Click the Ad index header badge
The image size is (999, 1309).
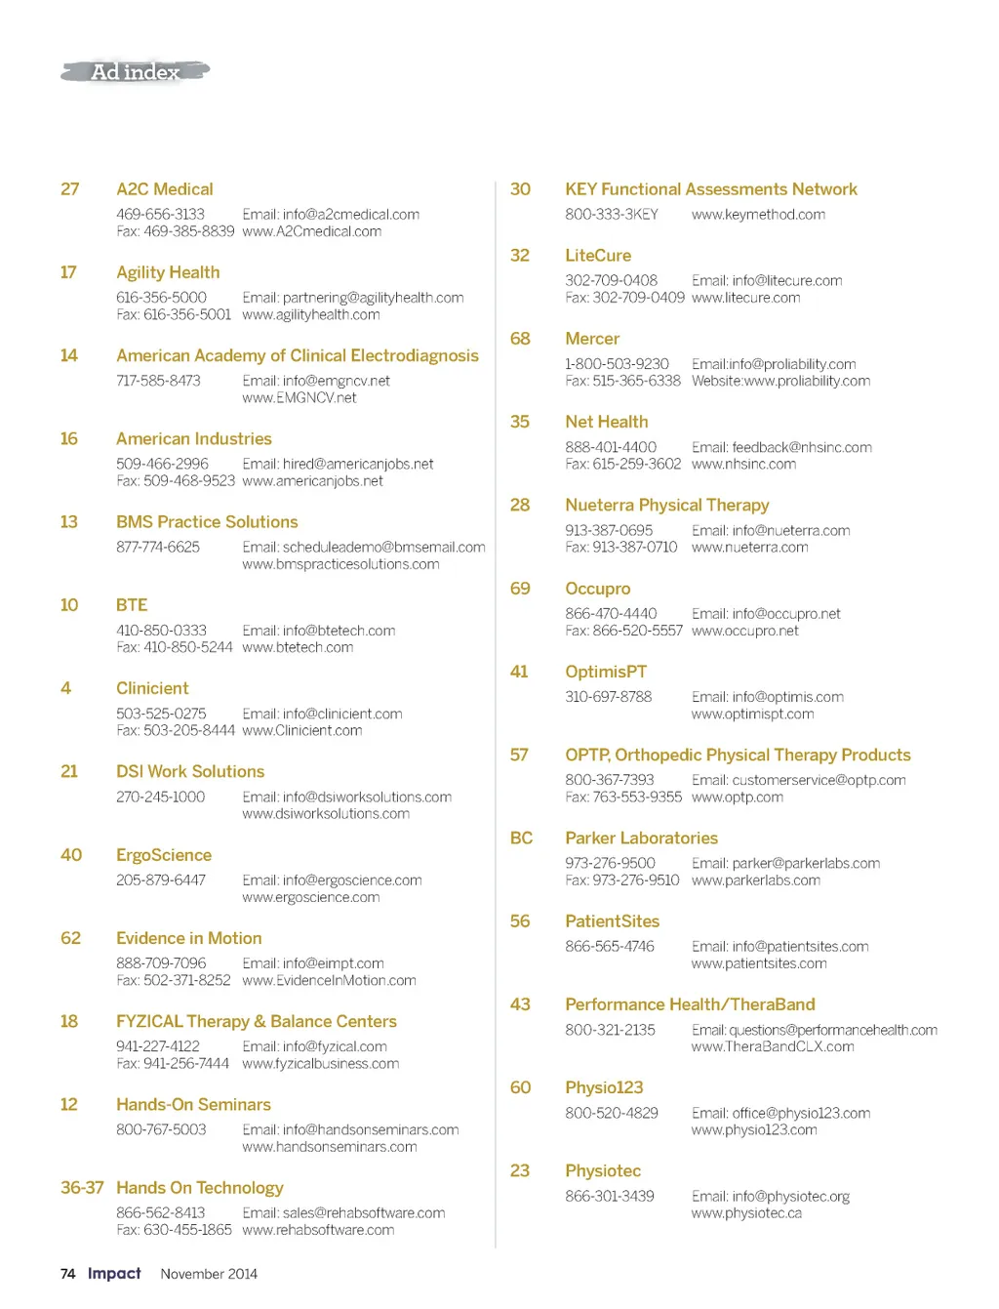(136, 72)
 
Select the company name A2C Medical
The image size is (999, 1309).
(164, 189)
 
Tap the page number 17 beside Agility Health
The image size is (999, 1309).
(68, 272)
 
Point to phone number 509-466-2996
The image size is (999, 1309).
(162, 464)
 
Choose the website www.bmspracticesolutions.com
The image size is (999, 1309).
(340, 564)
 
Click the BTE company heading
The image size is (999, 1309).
(132, 605)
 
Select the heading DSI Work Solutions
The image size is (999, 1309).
(190, 771)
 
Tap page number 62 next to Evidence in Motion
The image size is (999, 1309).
(70, 938)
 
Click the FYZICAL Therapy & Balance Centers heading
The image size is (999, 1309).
(256, 1021)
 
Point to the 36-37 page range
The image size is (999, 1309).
(82, 1188)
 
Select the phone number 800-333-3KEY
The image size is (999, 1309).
(612, 215)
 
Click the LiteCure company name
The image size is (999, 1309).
(598, 256)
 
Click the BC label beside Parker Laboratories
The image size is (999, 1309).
(521, 839)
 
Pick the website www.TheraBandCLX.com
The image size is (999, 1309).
(773, 1046)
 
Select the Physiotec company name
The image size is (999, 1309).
(603, 1171)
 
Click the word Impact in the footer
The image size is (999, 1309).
(114, 1274)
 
